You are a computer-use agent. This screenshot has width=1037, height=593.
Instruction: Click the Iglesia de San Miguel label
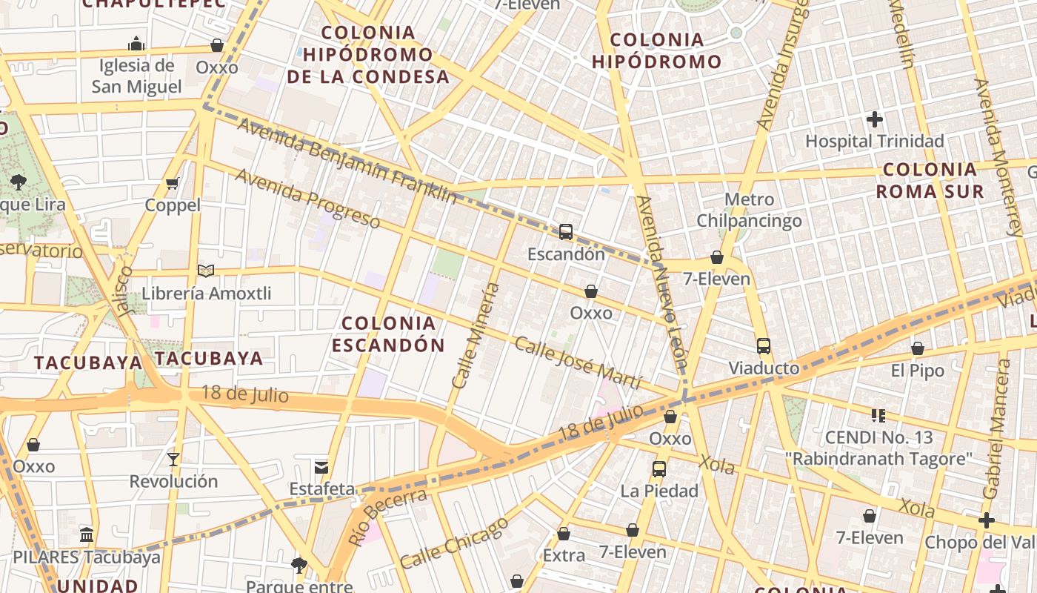click(x=136, y=76)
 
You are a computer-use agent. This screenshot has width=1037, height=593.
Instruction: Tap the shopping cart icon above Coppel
click(x=173, y=183)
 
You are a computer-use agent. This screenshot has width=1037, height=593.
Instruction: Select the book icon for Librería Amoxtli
click(x=206, y=271)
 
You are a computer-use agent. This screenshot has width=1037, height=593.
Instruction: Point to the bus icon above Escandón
click(x=566, y=232)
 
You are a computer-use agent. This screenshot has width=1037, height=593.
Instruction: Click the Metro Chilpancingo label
click(x=749, y=210)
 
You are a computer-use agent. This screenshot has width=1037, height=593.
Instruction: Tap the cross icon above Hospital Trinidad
click(x=875, y=119)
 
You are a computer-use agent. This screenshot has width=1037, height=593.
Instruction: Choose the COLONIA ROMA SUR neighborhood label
click(x=930, y=180)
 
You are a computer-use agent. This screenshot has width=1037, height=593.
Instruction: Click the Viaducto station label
click(x=764, y=368)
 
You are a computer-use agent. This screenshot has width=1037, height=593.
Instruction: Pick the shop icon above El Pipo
click(x=918, y=348)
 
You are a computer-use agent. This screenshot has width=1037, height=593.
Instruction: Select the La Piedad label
click(x=659, y=490)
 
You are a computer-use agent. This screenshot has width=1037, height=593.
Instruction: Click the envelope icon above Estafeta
click(x=321, y=467)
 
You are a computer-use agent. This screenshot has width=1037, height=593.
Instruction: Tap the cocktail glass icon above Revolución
click(x=173, y=459)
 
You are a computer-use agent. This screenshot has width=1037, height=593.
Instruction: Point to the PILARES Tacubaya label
click(x=87, y=557)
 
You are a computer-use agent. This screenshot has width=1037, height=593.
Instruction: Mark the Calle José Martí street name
click(x=578, y=362)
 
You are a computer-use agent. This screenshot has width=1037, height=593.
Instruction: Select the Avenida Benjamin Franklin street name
click(x=347, y=160)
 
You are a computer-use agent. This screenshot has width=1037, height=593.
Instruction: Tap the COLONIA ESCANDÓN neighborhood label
click(x=388, y=334)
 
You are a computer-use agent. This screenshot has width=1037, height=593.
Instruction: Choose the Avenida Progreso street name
click(x=307, y=198)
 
